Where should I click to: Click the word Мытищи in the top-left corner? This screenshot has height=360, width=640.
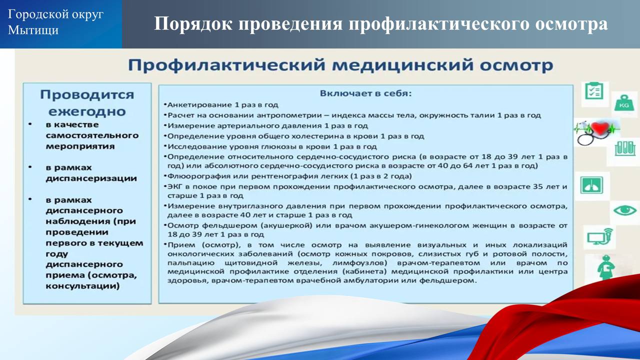33,30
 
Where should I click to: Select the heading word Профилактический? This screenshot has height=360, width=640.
226,65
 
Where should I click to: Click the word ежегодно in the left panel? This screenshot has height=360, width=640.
87,111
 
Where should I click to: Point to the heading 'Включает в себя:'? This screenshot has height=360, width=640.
365,93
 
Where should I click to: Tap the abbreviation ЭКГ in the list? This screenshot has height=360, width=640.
173,186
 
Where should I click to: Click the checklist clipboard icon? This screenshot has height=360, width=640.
594,91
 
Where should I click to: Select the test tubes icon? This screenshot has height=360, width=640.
625,149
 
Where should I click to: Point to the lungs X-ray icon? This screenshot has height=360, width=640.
591,185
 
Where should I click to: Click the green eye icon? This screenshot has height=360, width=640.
625,211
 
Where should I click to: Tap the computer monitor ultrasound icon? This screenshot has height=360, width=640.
600,236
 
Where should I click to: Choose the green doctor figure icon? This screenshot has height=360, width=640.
605,267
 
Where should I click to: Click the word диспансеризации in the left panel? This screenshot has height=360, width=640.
91,178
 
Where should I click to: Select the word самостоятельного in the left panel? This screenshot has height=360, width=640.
92,135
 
